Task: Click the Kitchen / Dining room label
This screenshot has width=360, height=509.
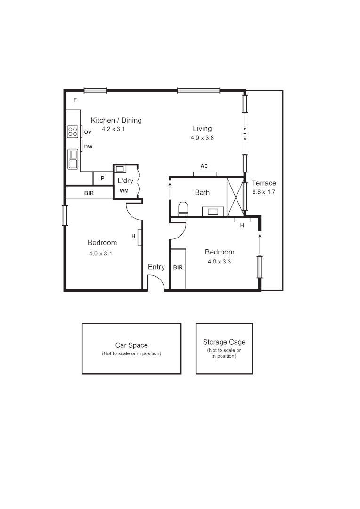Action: click(116, 120)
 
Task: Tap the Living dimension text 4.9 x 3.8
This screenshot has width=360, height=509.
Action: click(202, 138)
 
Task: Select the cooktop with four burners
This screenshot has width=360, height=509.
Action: click(73, 131)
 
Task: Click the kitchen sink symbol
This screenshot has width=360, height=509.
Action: click(73, 159)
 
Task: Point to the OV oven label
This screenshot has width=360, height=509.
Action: click(88, 132)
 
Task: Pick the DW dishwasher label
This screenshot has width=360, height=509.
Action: click(88, 147)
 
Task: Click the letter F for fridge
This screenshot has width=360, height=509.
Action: click(74, 100)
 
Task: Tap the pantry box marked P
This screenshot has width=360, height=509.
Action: click(102, 179)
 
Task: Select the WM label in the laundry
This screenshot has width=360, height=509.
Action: click(124, 191)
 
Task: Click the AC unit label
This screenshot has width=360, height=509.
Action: click(204, 166)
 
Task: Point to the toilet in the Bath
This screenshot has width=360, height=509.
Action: click(183, 208)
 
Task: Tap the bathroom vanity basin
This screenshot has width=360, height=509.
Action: click(213, 211)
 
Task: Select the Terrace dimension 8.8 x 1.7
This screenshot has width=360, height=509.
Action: click(264, 192)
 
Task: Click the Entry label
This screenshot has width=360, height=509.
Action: click(156, 267)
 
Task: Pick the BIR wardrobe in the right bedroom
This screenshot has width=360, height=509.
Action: click(178, 268)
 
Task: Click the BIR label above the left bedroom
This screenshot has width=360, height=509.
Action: click(89, 193)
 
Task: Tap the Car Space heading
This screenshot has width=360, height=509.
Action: click(131, 345)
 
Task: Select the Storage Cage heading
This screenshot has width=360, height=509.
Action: click(224, 342)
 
